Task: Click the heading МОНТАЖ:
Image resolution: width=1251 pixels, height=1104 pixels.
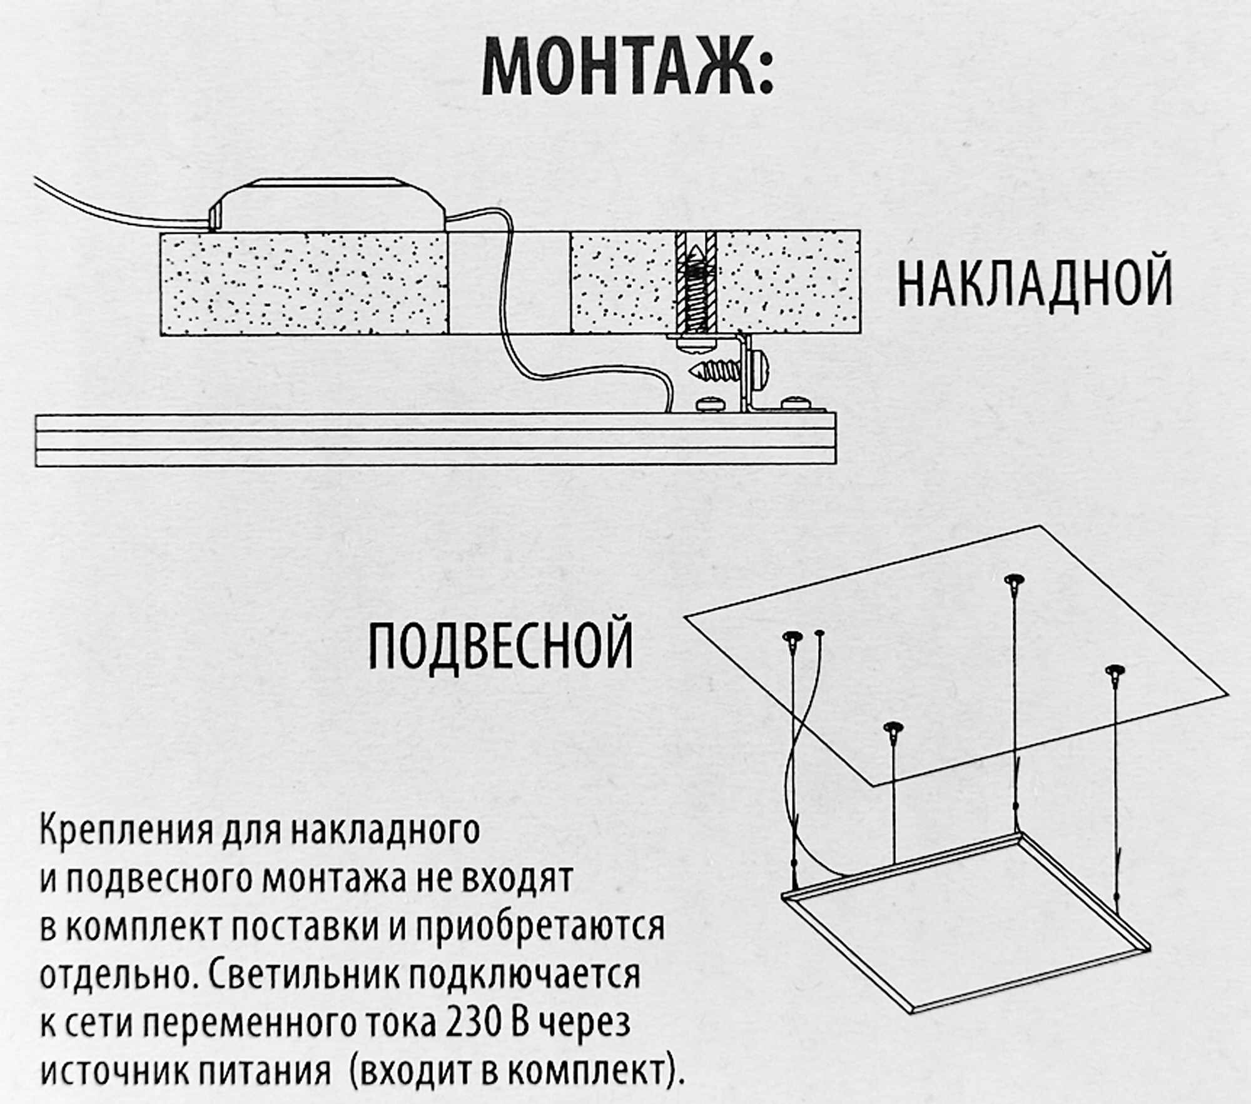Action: tap(627, 68)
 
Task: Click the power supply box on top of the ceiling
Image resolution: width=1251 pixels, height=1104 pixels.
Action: tap(328, 206)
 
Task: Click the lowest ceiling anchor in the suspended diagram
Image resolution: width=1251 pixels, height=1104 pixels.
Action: tap(894, 728)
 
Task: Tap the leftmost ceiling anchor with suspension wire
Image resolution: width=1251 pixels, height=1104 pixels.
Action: tap(793, 636)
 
